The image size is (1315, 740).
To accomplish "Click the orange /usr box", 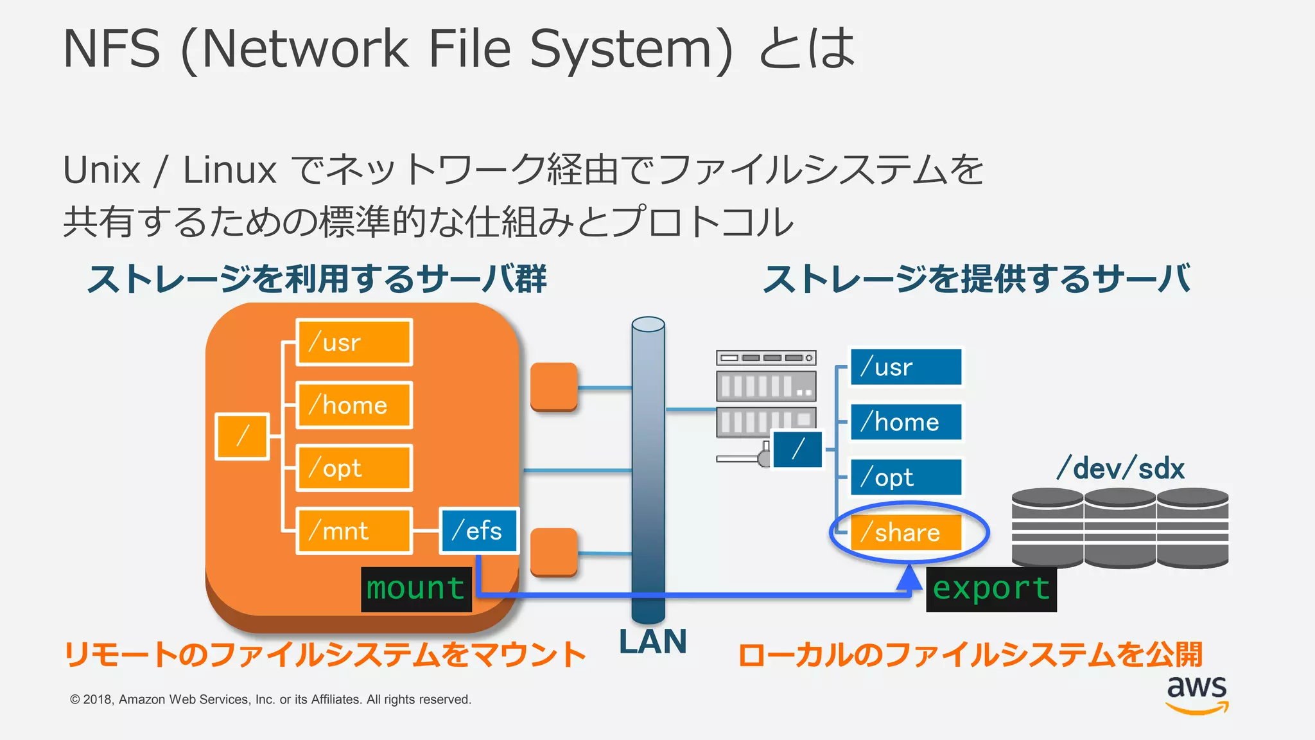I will [354, 342].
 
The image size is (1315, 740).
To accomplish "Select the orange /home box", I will [354, 405].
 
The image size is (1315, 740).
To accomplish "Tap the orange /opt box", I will [354, 468].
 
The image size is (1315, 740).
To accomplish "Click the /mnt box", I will [354, 531].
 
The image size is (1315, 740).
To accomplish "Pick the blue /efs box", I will [479, 531].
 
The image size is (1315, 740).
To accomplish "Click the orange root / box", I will [242, 437].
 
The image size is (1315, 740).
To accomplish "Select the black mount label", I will [416, 589].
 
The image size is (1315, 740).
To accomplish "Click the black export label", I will [991, 589].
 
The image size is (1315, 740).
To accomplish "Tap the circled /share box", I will [906, 533].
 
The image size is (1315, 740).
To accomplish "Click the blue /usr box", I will [906, 367].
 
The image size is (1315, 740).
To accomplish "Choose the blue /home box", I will [906, 422].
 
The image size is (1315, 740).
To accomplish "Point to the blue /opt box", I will [906, 477].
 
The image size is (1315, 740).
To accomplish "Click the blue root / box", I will [797, 449].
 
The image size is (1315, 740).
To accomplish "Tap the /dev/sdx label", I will [1120, 468].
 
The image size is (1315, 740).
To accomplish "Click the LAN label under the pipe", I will [653, 642].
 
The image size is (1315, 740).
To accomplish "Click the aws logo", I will [1197, 694].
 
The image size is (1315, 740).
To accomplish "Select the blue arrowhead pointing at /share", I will [909, 577].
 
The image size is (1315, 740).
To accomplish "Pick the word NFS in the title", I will [112, 49].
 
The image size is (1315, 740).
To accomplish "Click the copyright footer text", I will [270, 700].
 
